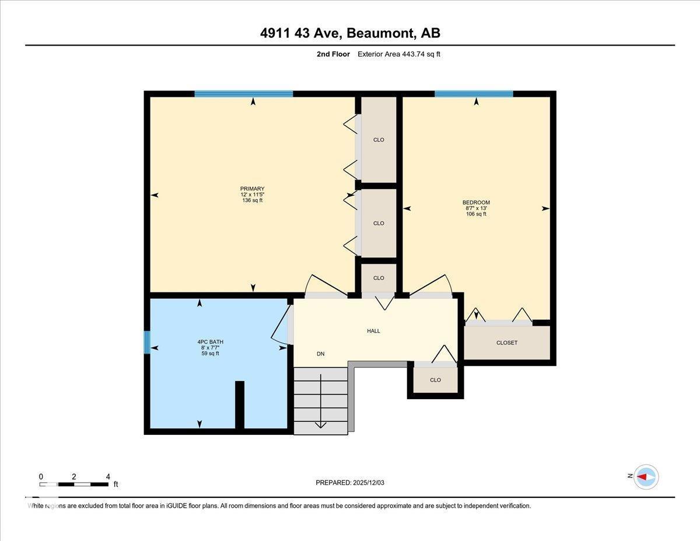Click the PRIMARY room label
click(x=252, y=189)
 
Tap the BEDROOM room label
click(x=476, y=203)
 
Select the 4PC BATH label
click(x=210, y=342)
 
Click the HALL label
click(x=373, y=331)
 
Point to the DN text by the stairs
click(x=320, y=354)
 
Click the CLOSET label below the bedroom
click(x=506, y=343)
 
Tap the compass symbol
click(x=646, y=477)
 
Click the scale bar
click(x=74, y=484)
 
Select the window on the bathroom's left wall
click(x=147, y=342)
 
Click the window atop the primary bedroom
click(x=243, y=94)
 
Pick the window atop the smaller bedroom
click(x=474, y=94)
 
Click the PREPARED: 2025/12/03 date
click(x=350, y=483)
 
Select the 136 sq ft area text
click(x=252, y=200)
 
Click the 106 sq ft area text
click(x=476, y=214)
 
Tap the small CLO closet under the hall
click(x=435, y=380)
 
